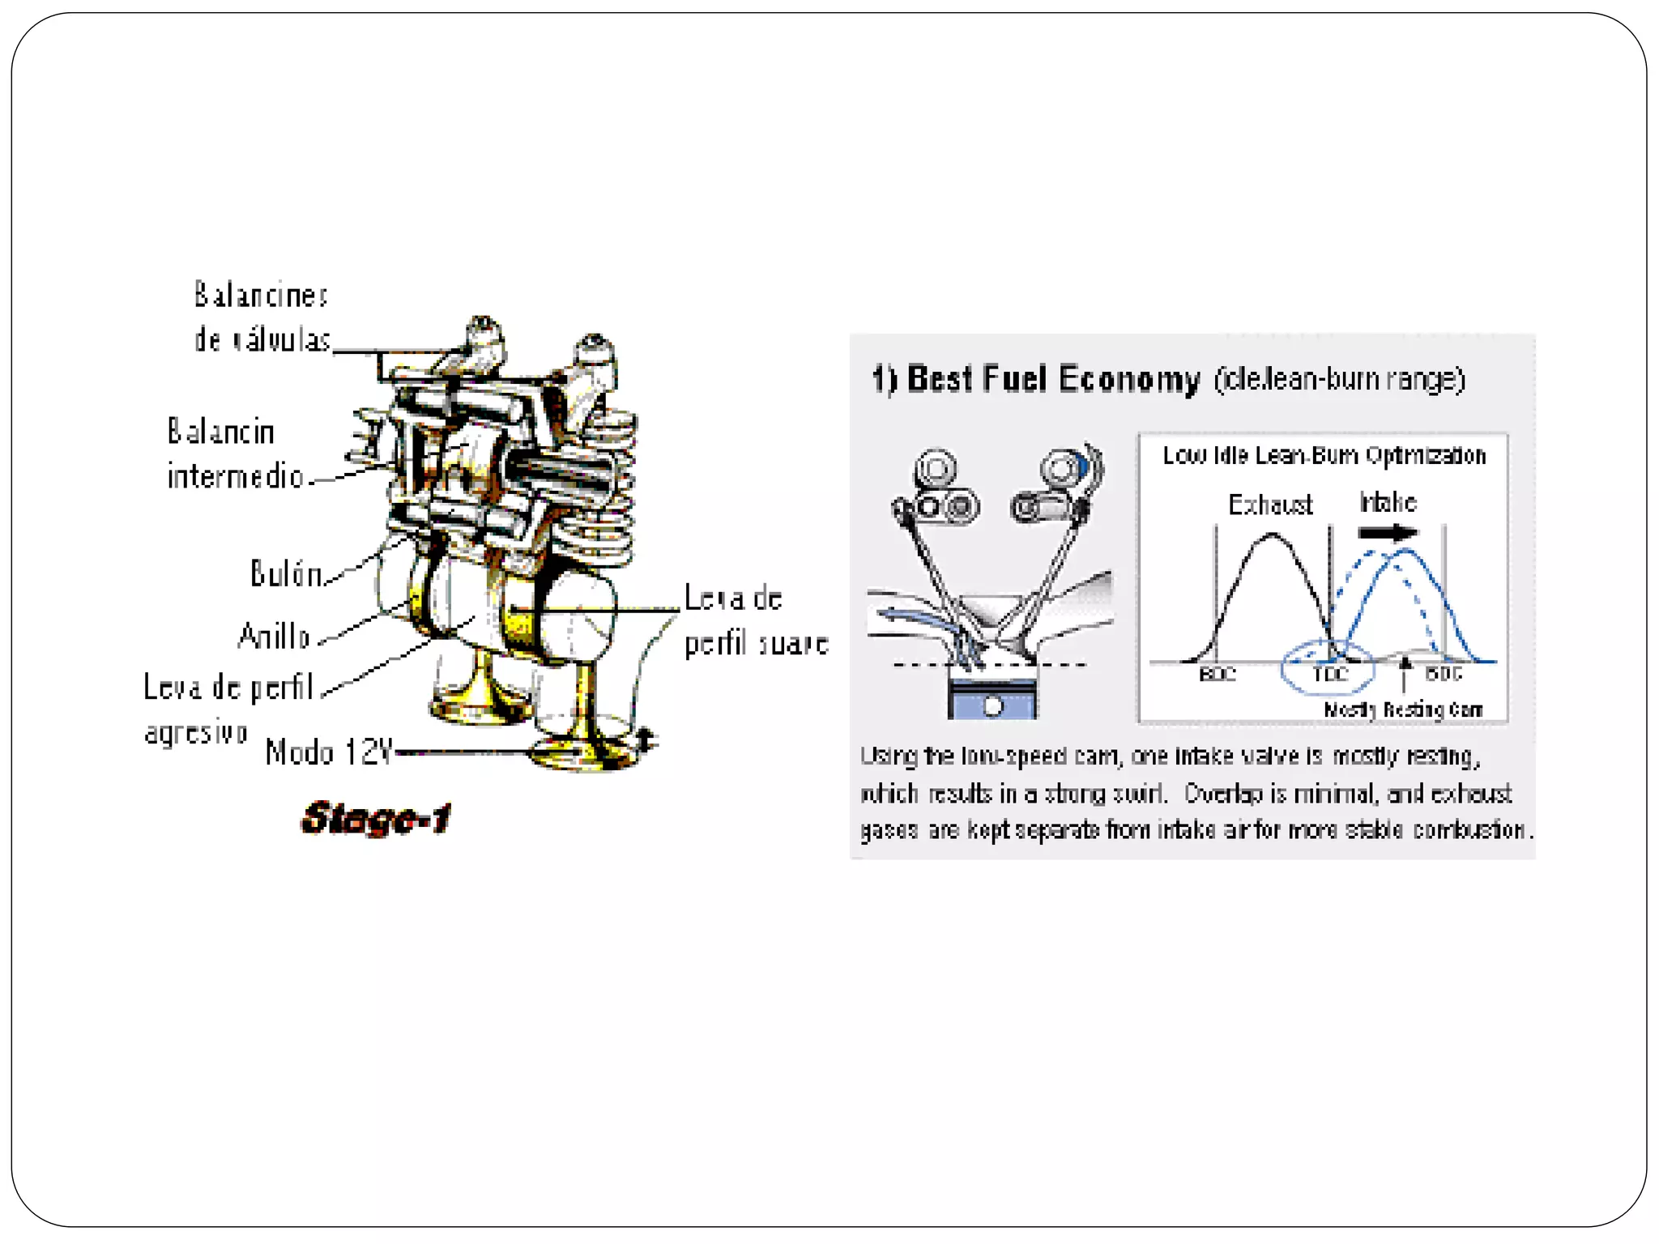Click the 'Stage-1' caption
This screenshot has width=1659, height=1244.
376,818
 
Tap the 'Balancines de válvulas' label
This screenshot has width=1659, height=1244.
262,317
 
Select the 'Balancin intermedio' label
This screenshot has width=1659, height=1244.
234,454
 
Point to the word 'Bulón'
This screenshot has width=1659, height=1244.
286,573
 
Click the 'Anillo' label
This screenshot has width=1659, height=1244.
275,637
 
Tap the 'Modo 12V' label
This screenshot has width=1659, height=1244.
329,752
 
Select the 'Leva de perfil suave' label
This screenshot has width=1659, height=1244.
756,620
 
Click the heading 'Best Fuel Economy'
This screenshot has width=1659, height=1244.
1053,380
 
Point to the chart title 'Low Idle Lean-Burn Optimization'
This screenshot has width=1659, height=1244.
1324,456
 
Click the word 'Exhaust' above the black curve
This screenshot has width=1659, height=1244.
1270,505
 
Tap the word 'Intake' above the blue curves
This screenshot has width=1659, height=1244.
1388,503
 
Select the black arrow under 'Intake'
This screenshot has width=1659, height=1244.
1388,532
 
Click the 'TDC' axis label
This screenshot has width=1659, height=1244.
1329,674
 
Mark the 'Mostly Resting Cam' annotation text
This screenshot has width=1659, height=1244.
1403,710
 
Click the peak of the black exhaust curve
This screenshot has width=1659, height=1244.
1272,535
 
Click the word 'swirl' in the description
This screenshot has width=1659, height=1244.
1139,794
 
